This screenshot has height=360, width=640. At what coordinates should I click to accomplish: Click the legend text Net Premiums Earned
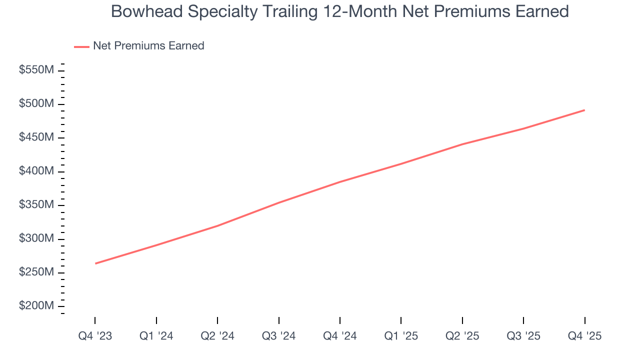pyautogui.click(x=148, y=46)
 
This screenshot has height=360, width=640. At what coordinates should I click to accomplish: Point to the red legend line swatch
pyautogui.click(x=81, y=46)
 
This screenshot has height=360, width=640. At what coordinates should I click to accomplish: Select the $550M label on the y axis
pyautogui.click(x=36, y=70)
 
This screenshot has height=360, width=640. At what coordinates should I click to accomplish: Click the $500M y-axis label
pyautogui.click(x=36, y=104)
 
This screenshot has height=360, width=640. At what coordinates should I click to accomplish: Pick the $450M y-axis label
pyautogui.click(x=36, y=137)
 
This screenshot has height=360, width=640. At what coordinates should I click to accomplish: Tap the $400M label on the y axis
pyautogui.click(x=36, y=171)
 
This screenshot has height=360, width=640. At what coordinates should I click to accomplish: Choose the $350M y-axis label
pyautogui.click(x=36, y=205)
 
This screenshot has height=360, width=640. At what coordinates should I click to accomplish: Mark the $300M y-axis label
pyautogui.click(x=36, y=238)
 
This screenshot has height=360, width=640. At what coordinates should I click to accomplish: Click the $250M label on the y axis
pyautogui.click(x=36, y=272)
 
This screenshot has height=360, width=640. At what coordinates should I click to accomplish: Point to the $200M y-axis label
pyautogui.click(x=36, y=306)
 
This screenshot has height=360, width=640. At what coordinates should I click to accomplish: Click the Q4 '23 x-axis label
pyautogui.click(x=95, y=336)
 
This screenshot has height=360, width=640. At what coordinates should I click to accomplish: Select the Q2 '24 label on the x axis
pyautogui.click(x=217, y=336)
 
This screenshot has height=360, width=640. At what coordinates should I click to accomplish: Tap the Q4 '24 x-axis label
pyautogui.click(x=340, y=336)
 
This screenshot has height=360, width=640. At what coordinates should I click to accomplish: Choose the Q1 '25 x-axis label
pyautogui.click(x=401, y=336)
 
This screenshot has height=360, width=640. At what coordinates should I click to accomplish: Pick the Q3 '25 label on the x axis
pyautogui.click(x=523, y=336)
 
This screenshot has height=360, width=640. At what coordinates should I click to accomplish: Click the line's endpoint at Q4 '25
pyautogui.click(x=584, y=110)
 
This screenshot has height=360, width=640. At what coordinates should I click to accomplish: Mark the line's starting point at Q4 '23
pyautogui.click(x=95, y=263)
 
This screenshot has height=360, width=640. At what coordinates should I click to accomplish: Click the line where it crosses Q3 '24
pyautogui.click(x=278, y=202)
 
